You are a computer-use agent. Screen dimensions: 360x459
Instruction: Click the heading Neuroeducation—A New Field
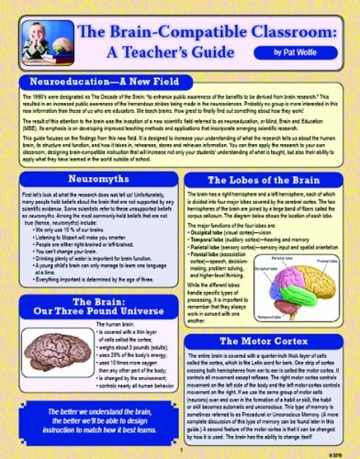[98, 82]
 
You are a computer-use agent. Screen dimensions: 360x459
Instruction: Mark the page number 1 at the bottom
[180, 450]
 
